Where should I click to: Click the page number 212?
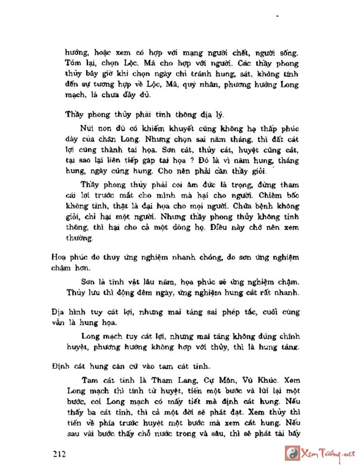coord(59,454)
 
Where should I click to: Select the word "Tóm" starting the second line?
coord(72,63)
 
